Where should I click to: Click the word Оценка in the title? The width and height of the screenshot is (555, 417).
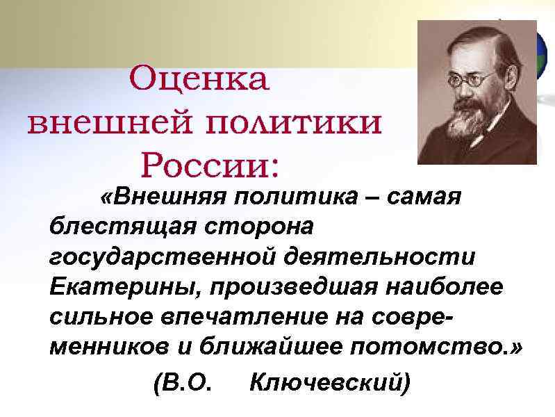[x=199, y=80]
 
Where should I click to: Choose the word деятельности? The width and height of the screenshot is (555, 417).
[x=378, y=256]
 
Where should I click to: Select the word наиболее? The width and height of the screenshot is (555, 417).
[x=421, y=286]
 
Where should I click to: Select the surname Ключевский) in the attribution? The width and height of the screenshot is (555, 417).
[x=329, y=382]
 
